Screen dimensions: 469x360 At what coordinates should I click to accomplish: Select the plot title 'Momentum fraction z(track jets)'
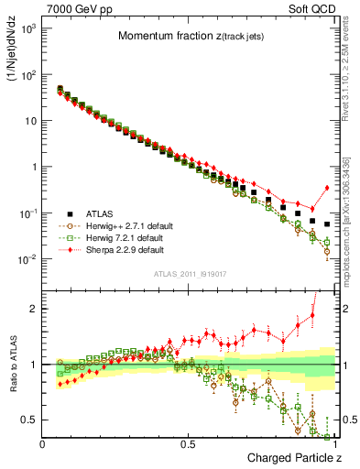tap(189, 36)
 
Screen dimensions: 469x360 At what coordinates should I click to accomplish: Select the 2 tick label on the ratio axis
tap(33, 309)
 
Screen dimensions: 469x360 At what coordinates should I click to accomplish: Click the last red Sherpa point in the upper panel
tap(327, 188)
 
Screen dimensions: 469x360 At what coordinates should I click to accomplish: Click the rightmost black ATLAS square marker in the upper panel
tap(327, 224)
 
